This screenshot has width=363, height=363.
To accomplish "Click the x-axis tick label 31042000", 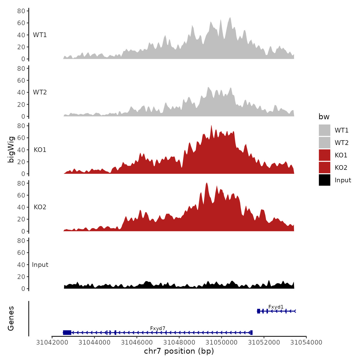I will pyautogui.click(x=52, y=342).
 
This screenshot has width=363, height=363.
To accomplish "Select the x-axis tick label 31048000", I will pyautogui.click(x=179, y=342).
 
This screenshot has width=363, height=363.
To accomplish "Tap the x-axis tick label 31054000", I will pyautogui.click(x=306, y=342).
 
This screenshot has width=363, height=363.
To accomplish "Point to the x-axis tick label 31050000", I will pyautogui.click(x=221, y=342).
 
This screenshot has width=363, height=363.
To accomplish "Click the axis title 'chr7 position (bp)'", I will pyautogui.click(x=179, y=351).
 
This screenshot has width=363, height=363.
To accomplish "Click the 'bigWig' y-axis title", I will pyautogui.click(x=11, y=150).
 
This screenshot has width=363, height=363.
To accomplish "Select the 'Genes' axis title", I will pyautogui.click(x=11, y=318).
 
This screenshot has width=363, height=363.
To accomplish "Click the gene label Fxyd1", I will pyautogui.click(x=276, y=307).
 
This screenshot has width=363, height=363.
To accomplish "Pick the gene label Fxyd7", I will pyautogui.click(x=158, y=328).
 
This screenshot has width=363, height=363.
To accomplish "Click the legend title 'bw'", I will pyautogui.click(x=324, y=117).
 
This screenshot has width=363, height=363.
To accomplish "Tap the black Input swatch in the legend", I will pyautogui.click(x=324, y=180).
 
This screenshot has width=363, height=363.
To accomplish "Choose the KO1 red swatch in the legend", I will pyautogui.click(x=324, y=155).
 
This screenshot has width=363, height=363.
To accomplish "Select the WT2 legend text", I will pyautogui.click(x=341, y=143).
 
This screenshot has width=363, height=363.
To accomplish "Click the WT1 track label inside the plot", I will pyautogui.click(x=40, y=35).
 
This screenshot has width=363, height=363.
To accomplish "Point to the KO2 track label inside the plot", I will pyautogui.click(x=40, y=207).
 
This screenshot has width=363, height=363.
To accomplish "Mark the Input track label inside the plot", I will pyautogui.click(x=40, y=264).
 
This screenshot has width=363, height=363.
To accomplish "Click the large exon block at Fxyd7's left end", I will pyautogui.click(x=67, y=332).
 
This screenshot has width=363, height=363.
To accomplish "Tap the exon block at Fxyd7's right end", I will pyautogui.click(x=251, y=332).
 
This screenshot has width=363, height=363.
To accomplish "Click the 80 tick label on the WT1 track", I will pyautogui.click(x=21, y=11).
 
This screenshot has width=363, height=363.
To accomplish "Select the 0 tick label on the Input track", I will pyautogui.click(x=23, y=289).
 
